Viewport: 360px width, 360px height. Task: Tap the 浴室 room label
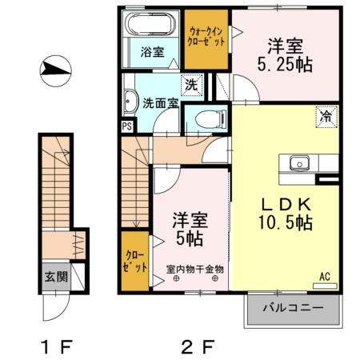coord(153,53)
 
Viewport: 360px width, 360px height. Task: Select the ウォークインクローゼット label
coord(206,34)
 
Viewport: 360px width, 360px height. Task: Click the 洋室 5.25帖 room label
coord(284,54)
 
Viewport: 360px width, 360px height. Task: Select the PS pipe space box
coord(126,126)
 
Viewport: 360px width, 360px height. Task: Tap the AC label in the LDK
coord(325,277)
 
